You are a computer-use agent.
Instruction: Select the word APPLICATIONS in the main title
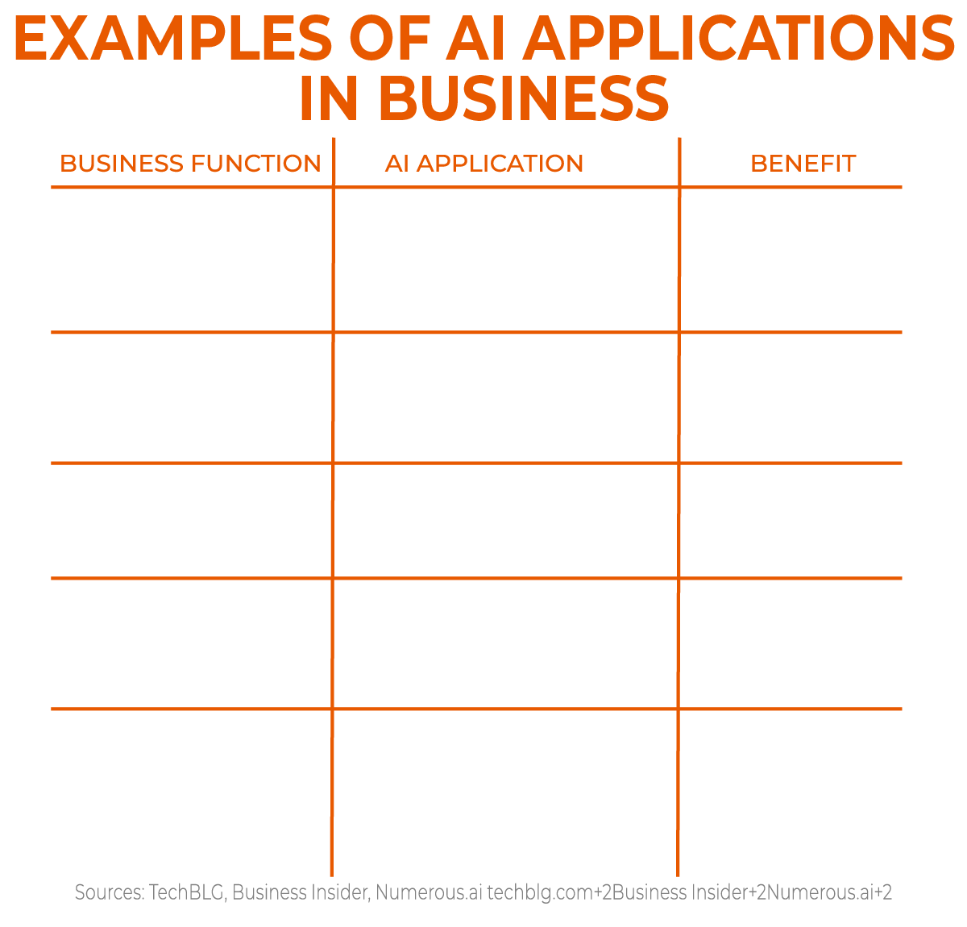739,39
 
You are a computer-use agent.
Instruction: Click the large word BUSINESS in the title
524,98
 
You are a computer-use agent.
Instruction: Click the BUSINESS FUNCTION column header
190,164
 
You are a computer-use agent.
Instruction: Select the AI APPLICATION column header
484,164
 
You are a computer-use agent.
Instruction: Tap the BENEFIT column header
803,164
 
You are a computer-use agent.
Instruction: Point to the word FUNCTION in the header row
256,164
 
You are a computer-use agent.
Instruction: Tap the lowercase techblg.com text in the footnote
539,892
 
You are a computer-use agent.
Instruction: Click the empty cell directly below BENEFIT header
791,260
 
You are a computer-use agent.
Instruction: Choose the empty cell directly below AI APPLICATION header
506,260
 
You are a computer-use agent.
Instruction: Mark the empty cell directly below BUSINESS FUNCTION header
192,260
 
